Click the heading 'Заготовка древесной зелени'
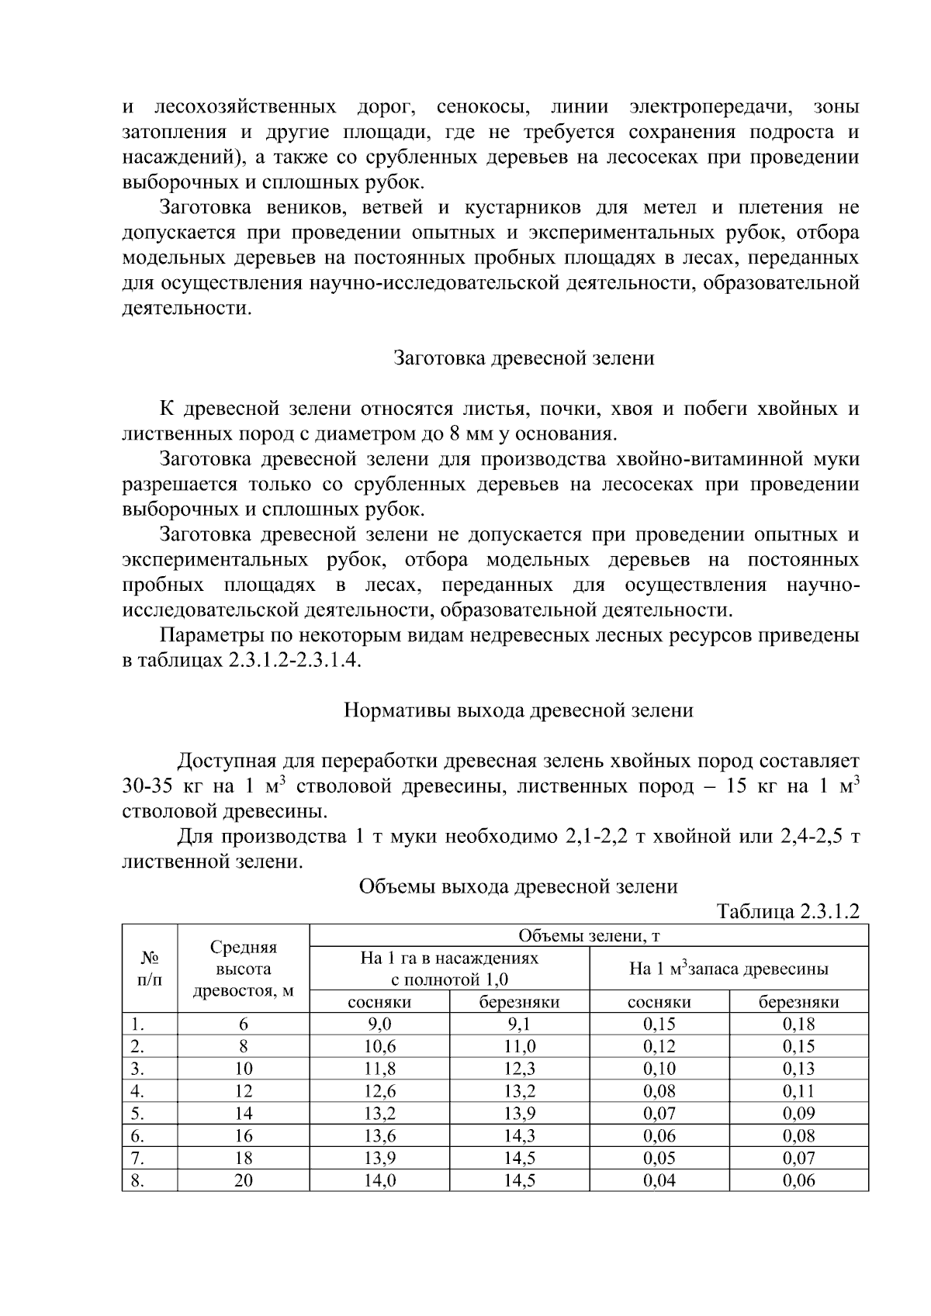click(524, 358)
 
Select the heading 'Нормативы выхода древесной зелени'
click(517, 710)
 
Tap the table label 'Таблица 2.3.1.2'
click(788, 911)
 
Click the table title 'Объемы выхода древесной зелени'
click(517, 886)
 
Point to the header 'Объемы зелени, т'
click(588, 936)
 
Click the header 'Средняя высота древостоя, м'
click(243, 969)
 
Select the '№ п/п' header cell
click(150, 969)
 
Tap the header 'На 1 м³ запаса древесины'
click(728, 969)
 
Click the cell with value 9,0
click(379, 1024)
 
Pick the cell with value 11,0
click(519, 1047)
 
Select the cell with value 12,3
click(519, 1069)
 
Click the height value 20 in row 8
click(243, 1181)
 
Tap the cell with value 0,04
click(659, 1181)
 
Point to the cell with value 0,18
click(798, 1024)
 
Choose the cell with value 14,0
click(379, 1181)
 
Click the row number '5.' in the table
click(137, 1114)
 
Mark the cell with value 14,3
click(519, 1136)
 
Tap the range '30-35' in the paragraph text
click(147, 786)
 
